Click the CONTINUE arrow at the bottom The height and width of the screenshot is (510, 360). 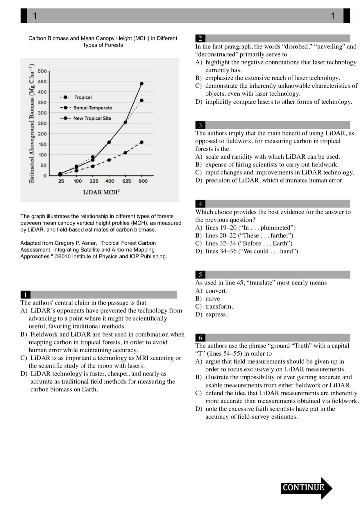pos(306,488)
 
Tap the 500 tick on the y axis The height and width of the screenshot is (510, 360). pos(42,71)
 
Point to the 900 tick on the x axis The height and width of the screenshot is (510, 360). pos(143,181)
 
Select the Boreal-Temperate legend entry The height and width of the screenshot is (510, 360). pos(92,108)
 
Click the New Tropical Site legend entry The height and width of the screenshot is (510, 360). pos(92,118)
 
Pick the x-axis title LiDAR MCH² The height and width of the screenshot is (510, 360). pos(101,192)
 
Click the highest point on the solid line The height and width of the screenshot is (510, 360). pos(142,84)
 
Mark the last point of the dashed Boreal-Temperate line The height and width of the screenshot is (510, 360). pos(142,142)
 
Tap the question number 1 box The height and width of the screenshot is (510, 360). pos(25,295)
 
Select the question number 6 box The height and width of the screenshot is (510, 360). pos(200,338)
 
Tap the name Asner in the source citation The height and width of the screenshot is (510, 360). pos(85,243)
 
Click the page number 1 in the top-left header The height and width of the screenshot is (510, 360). pos(35,16)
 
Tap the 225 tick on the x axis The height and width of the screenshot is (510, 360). pos(94,181)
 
